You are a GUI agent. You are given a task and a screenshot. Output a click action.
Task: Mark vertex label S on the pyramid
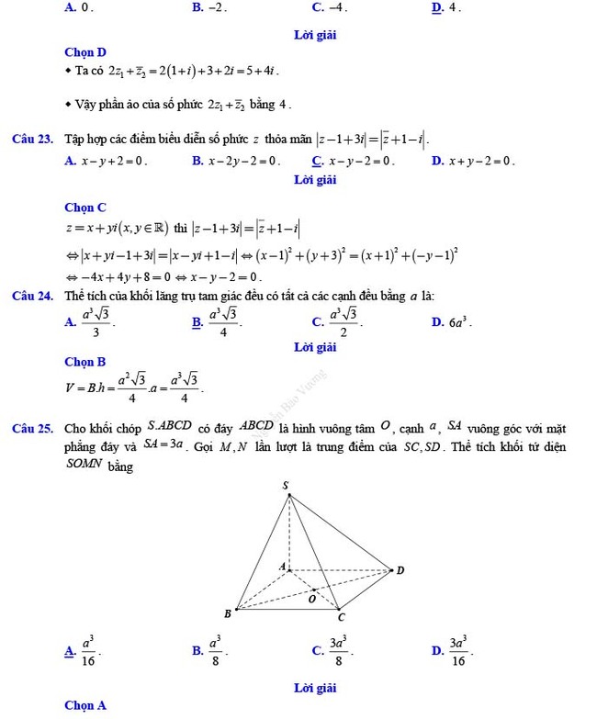pos(285,485)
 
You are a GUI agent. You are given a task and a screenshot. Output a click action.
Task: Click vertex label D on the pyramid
pos(400,569)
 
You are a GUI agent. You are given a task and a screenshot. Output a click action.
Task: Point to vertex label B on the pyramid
pos(228,612)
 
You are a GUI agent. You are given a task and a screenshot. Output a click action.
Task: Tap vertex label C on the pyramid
pos(342,617)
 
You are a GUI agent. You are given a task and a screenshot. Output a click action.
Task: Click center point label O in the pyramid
pos(311,599)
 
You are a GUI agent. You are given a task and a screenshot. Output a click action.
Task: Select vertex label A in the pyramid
pos(282,566)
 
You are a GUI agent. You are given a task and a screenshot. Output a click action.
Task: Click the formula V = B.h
pos(133,387)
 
